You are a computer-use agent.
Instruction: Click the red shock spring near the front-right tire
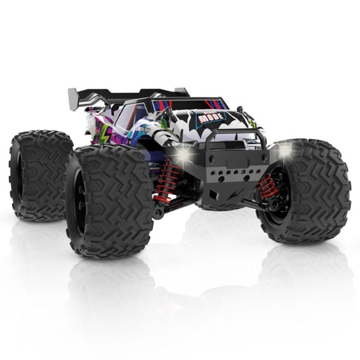(x=268, y=185)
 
